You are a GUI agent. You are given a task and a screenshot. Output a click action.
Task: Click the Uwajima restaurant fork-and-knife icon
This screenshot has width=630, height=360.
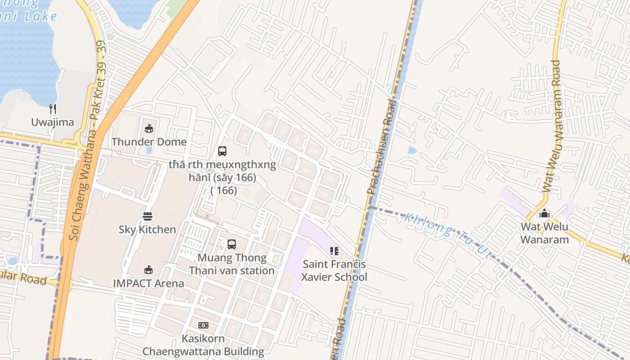tap(53, 108)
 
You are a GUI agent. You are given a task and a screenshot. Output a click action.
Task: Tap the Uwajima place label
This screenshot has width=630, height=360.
tap(53, 122)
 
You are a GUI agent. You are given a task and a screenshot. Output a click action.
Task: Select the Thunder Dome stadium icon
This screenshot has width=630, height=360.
tap(149, 129)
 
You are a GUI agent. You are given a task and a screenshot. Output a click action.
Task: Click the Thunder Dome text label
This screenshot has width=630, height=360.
tap(149, 142)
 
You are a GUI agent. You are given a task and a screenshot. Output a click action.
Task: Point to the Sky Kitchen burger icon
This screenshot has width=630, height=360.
tap(148, 216)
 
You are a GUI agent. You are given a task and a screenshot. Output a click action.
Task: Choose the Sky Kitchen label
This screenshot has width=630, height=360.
tap(147, 229)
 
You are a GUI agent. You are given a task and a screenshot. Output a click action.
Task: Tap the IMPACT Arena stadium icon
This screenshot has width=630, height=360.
tap(148, 270)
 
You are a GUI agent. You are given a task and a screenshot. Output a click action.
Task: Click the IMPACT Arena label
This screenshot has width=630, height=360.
tap(148, 283)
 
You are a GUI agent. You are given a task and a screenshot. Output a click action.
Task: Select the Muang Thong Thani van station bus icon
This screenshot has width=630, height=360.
tap(232, 244)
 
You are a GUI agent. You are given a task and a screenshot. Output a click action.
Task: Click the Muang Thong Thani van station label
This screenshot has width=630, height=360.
tap(232, 264)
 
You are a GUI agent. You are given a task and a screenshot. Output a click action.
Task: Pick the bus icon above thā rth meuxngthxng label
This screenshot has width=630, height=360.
tap(222, 151)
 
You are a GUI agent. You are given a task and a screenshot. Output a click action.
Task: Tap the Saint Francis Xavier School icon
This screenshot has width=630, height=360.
tap(334, 251)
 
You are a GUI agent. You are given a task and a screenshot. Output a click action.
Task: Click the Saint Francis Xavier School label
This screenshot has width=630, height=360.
tap(334, 270)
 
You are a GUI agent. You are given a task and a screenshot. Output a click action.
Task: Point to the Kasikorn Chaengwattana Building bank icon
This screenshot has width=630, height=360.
tap(203, 325)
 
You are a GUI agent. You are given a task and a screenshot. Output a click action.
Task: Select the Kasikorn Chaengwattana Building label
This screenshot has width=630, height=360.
tap(203, 345)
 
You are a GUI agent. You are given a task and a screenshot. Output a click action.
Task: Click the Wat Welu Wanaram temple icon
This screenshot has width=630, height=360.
tap(544, 213)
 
